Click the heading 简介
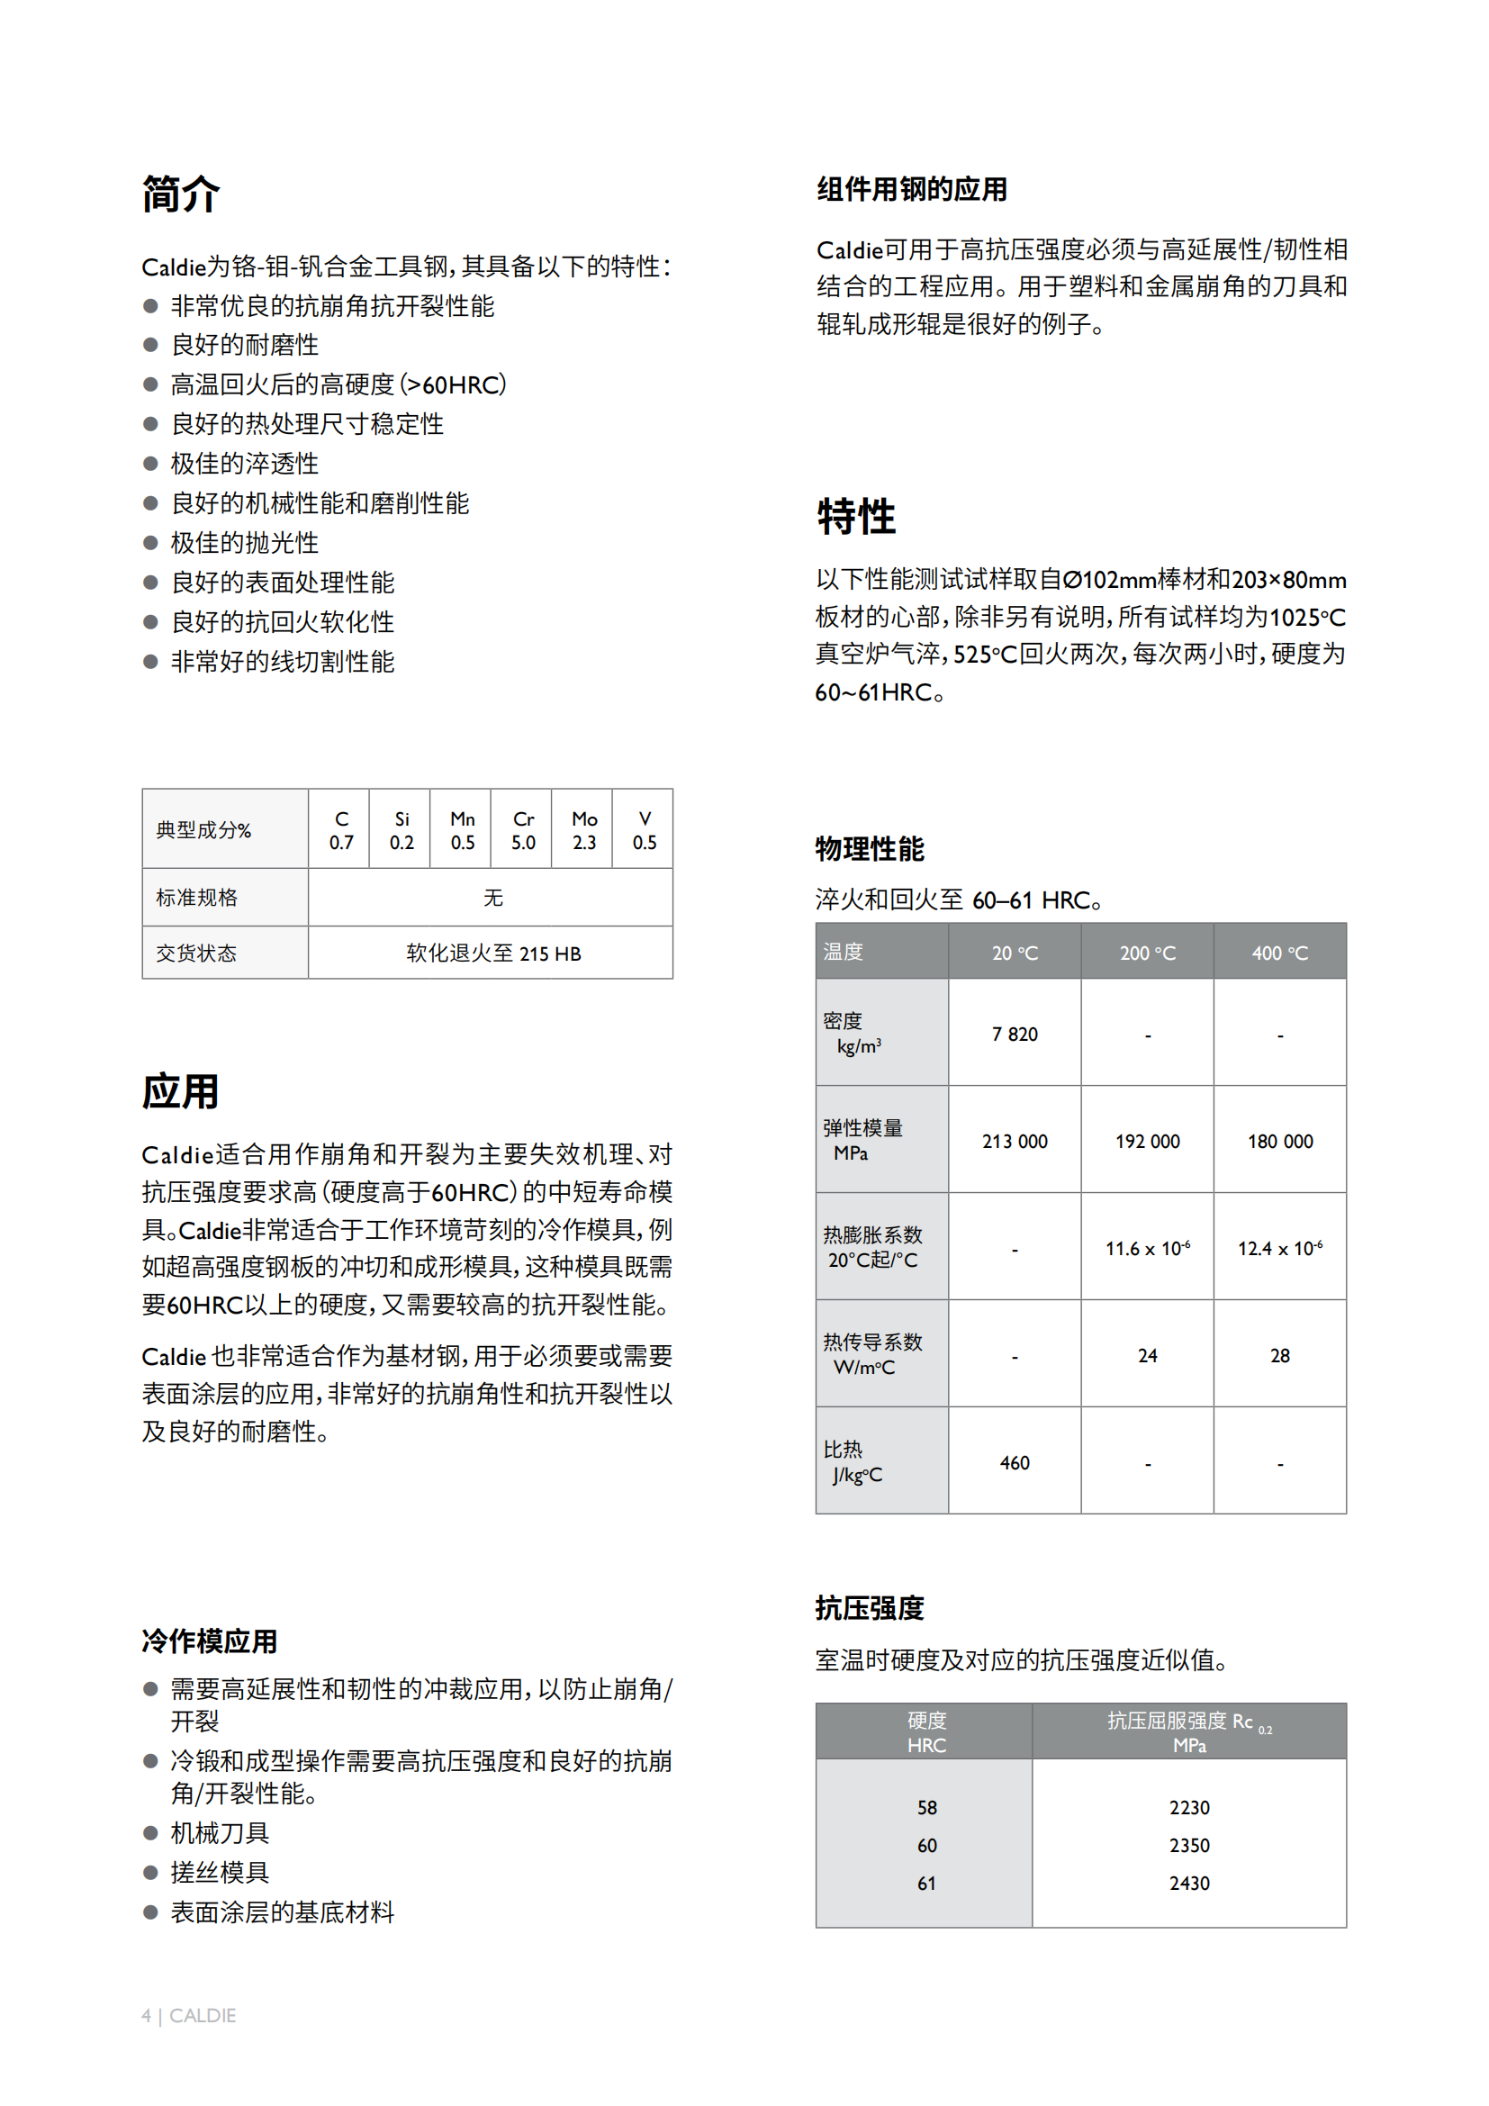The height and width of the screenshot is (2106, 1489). pos(181,194)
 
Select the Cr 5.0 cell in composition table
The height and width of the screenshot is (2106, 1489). pos(523,830)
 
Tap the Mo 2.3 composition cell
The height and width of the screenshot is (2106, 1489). pos(584,830)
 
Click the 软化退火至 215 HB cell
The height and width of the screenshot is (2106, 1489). pos(493,953)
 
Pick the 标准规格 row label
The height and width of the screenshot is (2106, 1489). pos(197,897)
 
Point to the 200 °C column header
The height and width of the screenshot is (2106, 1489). pos(1147,953)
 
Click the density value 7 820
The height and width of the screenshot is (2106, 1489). pos(1014,1035)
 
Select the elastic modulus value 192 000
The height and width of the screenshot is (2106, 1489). pos(1147,1141)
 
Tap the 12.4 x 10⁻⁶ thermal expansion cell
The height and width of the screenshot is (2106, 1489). pos(1280,1248)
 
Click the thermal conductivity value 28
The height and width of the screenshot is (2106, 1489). pos(1280,1356)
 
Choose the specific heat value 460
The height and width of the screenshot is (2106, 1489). pos(1014,1463)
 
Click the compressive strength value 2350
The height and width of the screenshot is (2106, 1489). pos(1189,1846)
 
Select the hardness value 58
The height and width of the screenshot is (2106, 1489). pos(927,1808)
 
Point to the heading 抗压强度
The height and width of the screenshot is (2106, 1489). pos(870,1608)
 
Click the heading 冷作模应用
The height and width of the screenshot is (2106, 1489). pos(209,1641)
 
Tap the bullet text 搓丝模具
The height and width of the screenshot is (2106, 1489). pos(220,1872)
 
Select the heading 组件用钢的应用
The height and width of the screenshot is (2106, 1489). pos(912,190)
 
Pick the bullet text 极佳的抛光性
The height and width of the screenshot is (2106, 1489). pos(245,543)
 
